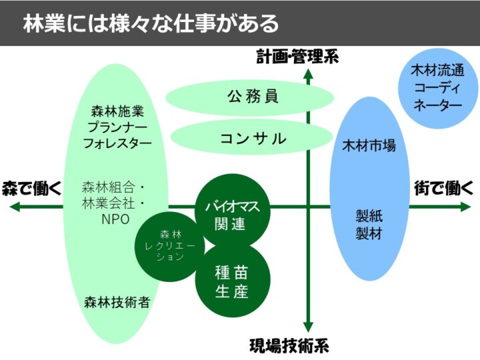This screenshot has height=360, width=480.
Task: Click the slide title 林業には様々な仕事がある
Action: point(151,24)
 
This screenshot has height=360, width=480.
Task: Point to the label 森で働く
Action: point(31,187)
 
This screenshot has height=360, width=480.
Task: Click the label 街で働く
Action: point(442,187)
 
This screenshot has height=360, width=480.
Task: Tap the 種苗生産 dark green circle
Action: point(232,282)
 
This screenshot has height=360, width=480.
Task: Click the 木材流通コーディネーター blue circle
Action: point(437,84)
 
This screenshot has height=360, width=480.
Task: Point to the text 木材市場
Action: point(369,145)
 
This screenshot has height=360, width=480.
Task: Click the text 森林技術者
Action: point(117,301)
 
